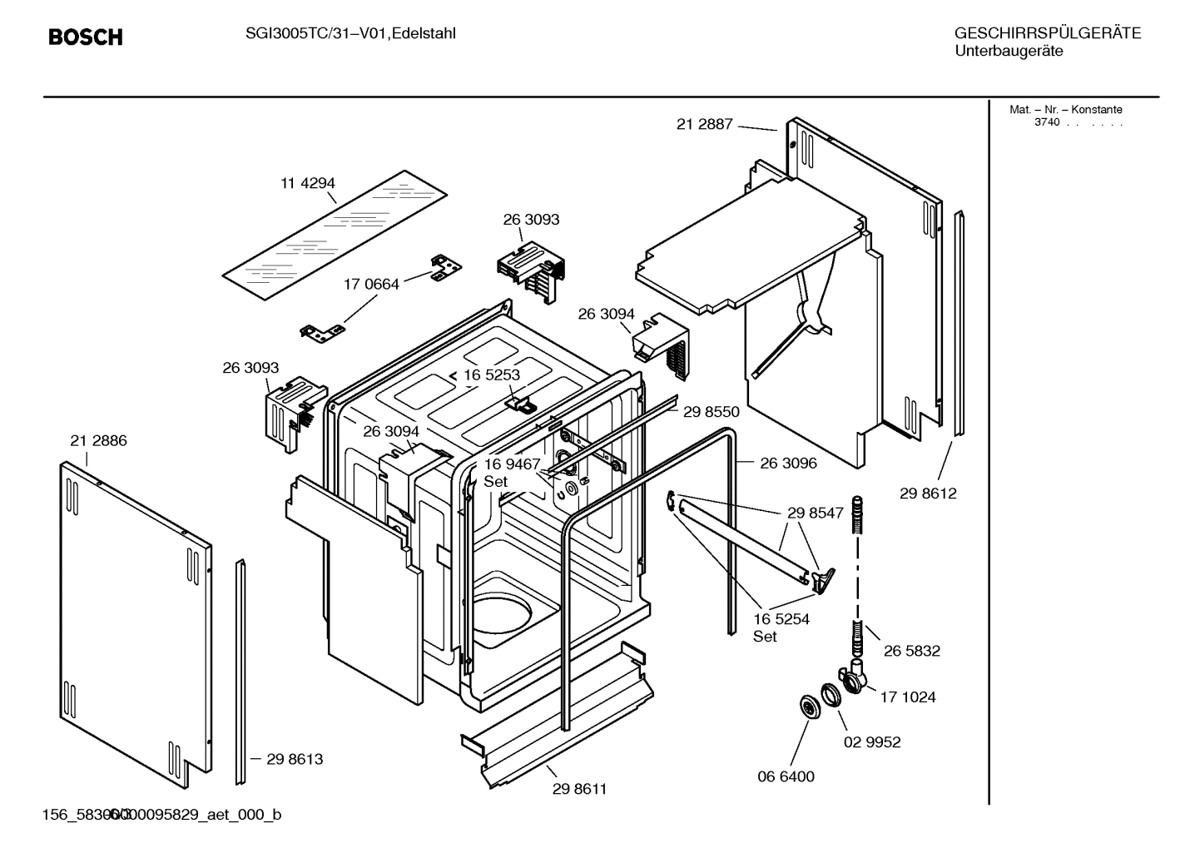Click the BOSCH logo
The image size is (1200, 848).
(86, 37)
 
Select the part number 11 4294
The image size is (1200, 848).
(307, 183)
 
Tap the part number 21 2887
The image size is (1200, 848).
(704, 124)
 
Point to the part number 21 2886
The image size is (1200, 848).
(98, 441)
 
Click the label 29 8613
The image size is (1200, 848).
(295, 759)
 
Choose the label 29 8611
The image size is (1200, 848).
(579, 789)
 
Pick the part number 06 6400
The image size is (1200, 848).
(786, 776)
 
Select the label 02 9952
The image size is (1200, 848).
(872, 742)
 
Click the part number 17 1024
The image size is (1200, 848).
(907, 697)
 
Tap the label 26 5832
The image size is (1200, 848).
(911, 651)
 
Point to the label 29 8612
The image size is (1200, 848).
(928, 493)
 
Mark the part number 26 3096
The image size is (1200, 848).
(788, 464)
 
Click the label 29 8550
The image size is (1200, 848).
(711, 412)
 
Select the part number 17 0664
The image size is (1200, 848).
(371, 284)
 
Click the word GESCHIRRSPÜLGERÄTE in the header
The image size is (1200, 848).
(1047, 34)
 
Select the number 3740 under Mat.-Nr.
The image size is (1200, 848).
(1046, 122)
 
